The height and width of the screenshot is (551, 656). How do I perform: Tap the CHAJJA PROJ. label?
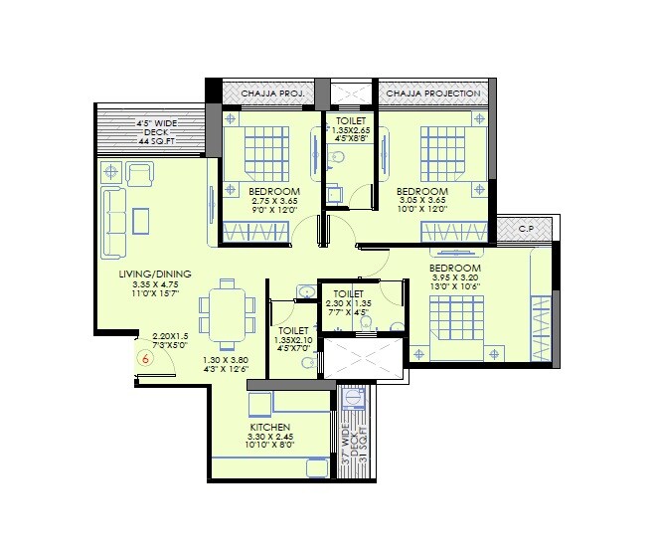coord(271,93)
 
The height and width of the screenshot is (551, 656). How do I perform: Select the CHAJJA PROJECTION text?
coord(432,93)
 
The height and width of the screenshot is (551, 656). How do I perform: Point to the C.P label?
coord(526,229)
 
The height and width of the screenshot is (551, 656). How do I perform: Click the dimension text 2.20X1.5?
coord(171,337)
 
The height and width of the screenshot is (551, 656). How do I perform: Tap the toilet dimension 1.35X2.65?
coord(350,129)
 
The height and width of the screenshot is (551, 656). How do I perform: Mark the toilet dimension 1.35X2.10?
coord(293,340)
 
